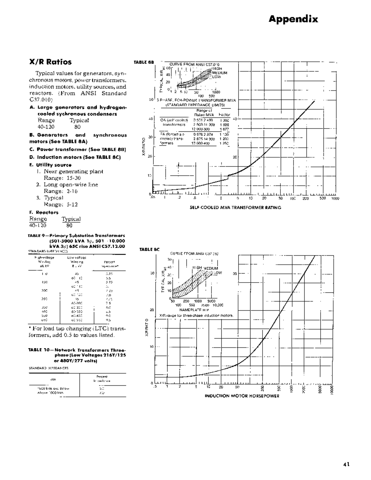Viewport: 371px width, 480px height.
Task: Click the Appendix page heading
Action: click(293, 19)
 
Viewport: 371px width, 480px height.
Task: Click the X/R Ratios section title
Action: click(50, 62)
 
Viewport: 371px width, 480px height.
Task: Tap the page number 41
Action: click(346, 464)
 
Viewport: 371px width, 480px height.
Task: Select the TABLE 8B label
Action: click(144, 62)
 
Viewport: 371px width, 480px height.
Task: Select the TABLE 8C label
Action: click(149, 249)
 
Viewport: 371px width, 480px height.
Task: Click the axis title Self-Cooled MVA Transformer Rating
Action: click(235, 208)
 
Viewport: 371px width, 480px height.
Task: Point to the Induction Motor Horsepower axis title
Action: click(242, 396)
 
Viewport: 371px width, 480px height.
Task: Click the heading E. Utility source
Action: click(50, 165)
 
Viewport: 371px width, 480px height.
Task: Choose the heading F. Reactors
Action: click(44, 212)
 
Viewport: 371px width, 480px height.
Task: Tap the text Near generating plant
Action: click(73, 172)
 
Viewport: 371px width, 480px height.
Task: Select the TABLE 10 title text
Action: click(77, 355)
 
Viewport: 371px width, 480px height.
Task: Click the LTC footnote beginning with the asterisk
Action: click(77, 332)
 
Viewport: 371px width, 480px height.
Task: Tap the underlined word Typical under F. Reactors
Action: click(71, 219)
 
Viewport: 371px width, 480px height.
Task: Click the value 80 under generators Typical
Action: click(77, 127)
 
